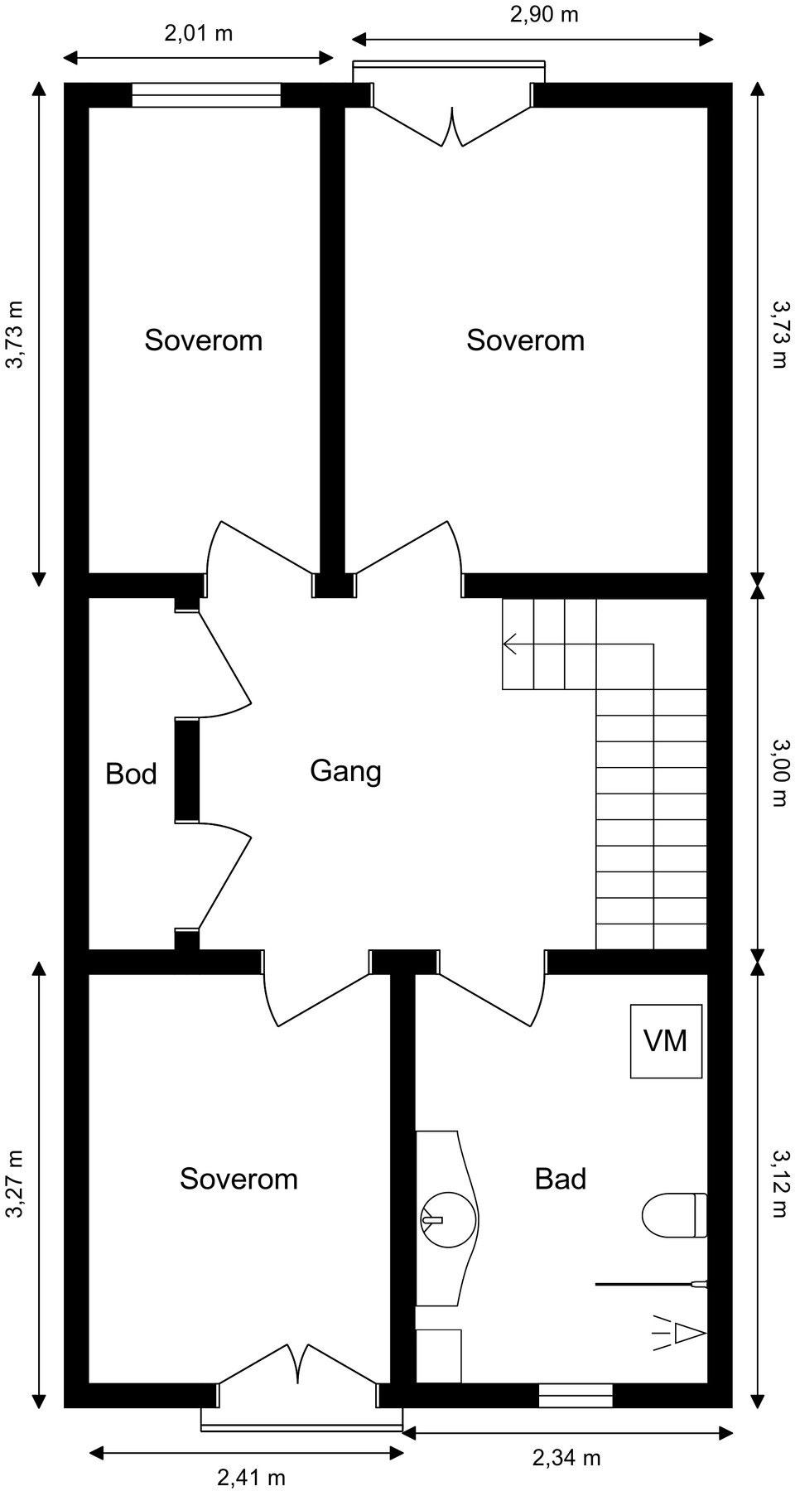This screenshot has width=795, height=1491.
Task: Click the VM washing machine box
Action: click(666, 1040)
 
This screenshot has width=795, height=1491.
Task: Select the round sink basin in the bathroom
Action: click(448, 1219)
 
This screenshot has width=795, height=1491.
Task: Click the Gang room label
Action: click(345, 771)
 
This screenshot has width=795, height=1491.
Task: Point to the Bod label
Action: click(131, 774)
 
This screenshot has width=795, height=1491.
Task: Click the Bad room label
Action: click(561, 1179)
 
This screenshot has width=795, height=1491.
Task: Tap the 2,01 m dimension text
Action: click(199, 33)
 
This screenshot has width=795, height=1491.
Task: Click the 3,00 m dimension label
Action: click(779, 773)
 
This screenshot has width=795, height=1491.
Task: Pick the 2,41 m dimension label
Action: click(252, 1477)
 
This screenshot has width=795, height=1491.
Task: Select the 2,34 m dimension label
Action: click(566, 1457)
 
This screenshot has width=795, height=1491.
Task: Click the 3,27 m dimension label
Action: click(14, 1184)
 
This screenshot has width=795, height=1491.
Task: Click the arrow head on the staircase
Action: click(508, 644)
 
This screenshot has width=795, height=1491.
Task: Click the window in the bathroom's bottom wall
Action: click(576, 1396)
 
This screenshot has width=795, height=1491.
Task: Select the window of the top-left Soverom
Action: click(206, 95)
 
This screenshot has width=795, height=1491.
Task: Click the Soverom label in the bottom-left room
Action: click(238, 1179)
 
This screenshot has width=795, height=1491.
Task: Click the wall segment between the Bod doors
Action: click(187, 770)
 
